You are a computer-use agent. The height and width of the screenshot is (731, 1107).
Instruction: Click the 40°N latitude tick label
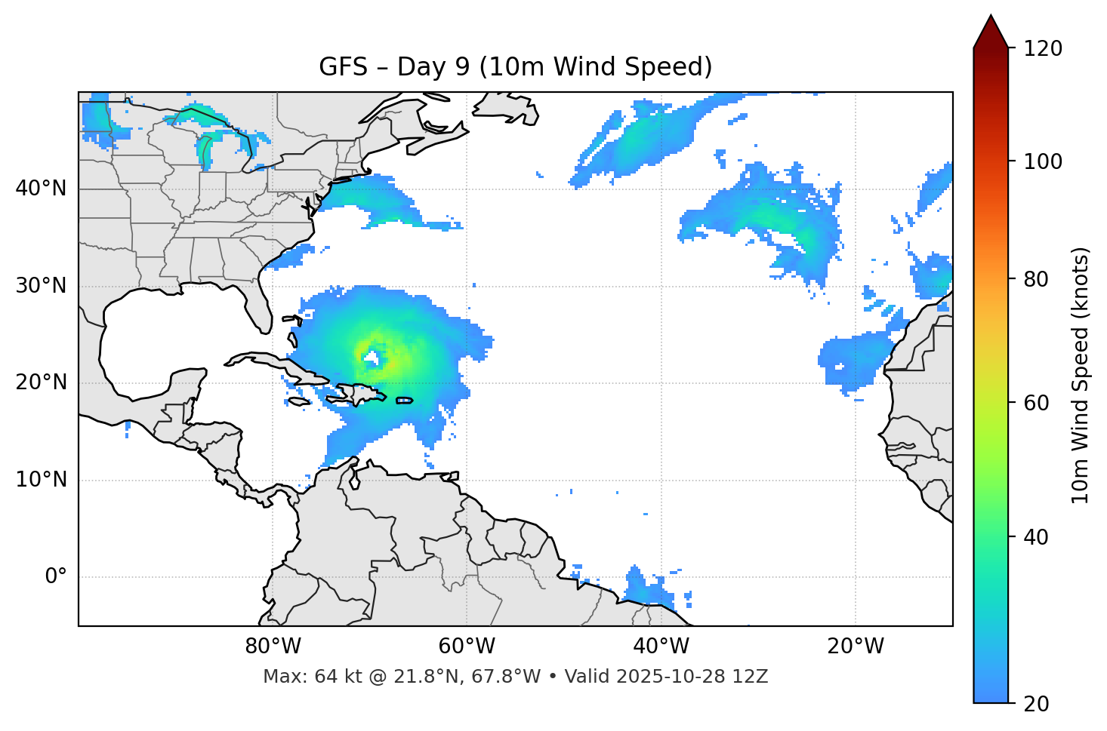[41, 188]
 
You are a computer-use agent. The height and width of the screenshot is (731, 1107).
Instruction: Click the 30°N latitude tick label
[41, 286]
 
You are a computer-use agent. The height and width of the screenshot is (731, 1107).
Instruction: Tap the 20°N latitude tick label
[41, 382]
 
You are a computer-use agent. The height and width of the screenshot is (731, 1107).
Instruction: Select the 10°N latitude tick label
[41, 480]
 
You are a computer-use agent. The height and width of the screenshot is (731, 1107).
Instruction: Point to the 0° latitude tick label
[56, 577]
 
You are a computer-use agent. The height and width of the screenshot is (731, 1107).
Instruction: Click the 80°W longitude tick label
[273, 647]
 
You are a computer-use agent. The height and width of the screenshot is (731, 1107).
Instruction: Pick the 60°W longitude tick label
[467, 647]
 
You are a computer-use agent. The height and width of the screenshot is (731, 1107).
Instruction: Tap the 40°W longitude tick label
[661, 647]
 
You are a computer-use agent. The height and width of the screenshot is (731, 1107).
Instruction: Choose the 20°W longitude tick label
[855, 647]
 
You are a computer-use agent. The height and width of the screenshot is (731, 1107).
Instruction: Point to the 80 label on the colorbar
[1037, 279]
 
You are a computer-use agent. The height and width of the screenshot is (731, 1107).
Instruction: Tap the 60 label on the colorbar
[1037, 403]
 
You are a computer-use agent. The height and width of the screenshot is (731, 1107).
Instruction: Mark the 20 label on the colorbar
[1037, 703]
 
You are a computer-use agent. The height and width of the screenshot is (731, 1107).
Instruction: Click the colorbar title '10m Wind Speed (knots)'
[1081, 376]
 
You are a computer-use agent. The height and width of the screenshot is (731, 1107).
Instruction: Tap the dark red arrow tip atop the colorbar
[991, 32]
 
